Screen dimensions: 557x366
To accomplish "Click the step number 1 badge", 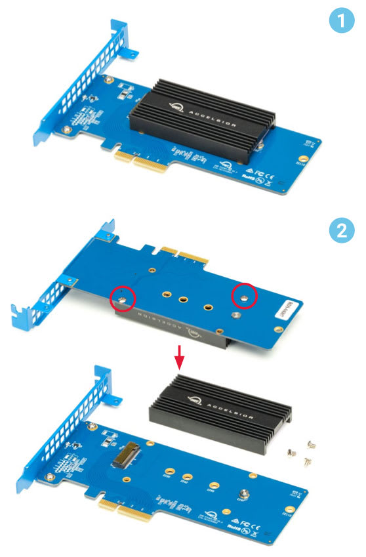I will coord(340,22).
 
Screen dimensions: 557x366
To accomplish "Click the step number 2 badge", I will coord(340,231).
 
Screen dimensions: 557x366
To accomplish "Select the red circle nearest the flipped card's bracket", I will coord(123,299).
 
